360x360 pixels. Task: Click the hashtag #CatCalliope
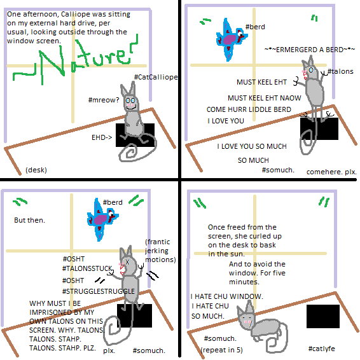click(156, 77)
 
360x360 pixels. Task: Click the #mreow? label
click(104, 100)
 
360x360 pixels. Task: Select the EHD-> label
click(102, 137)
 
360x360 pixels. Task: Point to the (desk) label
click(36, 170)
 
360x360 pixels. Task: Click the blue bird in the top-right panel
click(231, 39)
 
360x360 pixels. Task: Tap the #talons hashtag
click(340, 71)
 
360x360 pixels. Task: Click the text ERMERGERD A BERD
click(310, 50)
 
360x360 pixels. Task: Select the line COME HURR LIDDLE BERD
click(249, 109)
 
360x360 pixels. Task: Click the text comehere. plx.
click(331, 172)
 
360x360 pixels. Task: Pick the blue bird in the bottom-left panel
click(102, 219)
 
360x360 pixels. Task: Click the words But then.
click(29, 220)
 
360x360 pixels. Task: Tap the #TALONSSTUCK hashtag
click(87, 268)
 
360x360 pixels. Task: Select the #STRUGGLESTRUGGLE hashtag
click(99, 291)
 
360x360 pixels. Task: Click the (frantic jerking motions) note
click(160, 251)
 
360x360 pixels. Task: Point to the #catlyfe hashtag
click(321, 349)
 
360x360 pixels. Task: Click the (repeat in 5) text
click(221, 350)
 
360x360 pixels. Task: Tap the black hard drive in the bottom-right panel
click(323, 316)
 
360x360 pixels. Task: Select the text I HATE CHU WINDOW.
click(227, 296)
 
